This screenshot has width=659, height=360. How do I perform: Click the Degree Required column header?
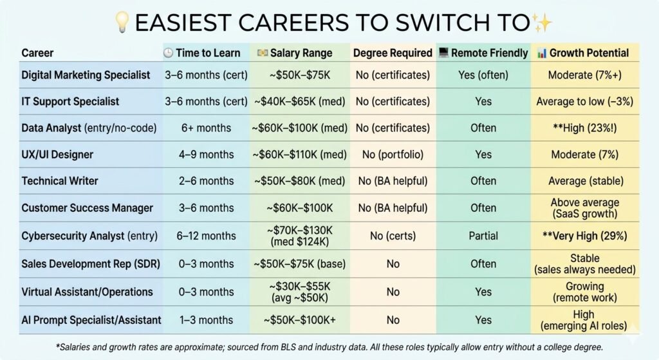(392, 53)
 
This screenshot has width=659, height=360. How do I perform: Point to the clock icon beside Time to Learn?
(168, 53)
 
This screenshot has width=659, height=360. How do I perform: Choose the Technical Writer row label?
(60, 181)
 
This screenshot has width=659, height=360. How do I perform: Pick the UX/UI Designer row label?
(57, 155)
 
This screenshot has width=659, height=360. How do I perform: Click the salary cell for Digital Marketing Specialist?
(300, 75)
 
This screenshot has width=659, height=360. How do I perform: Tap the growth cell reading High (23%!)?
(585, 128)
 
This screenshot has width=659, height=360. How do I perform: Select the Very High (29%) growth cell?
(585, 236)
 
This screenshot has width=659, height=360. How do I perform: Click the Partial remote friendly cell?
(483, 236)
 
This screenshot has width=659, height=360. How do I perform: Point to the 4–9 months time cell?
(205, 155)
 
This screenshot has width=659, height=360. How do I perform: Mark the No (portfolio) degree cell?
(392, 155)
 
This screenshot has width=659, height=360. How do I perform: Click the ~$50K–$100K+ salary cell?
(300, 320)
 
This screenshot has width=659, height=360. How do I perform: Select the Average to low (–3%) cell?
(585, 102)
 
